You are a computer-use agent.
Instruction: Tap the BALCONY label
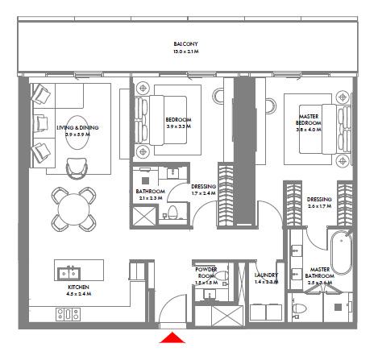point(185,43)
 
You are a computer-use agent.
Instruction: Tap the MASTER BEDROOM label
point(309,118)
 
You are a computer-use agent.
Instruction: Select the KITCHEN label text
point(78,288)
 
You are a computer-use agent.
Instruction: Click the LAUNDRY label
point(265,276)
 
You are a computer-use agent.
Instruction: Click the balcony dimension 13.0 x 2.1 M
point(185,52)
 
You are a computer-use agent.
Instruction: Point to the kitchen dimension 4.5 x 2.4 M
point(78,295)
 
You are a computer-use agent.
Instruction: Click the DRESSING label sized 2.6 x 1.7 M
point(319,199)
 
